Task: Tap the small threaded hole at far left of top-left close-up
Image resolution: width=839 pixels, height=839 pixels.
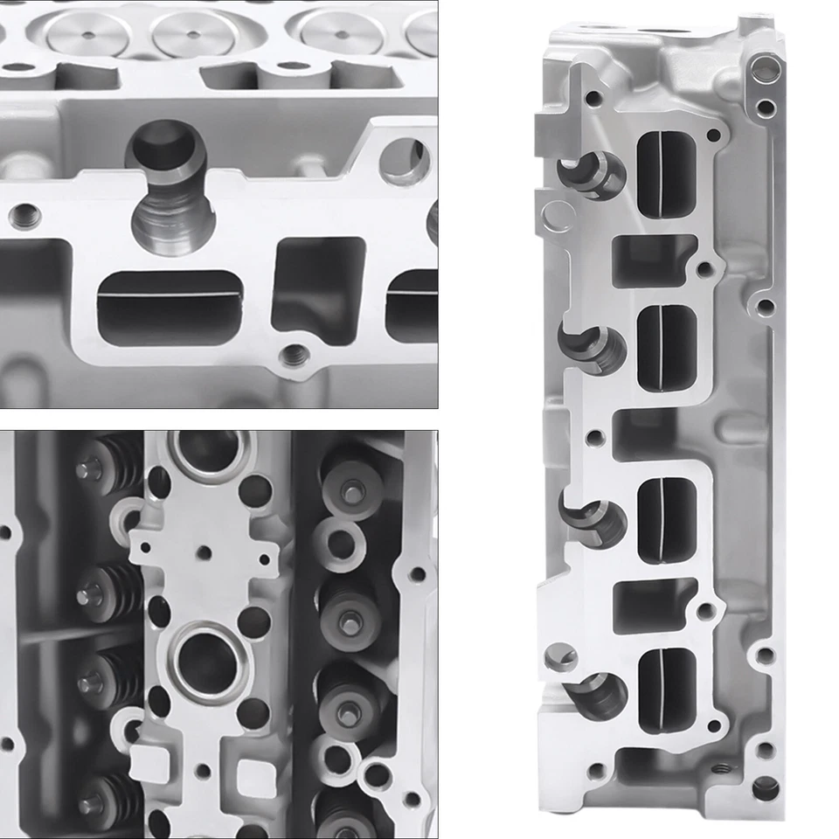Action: point(24,212)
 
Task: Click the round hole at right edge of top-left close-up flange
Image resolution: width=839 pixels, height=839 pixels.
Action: point(407,163)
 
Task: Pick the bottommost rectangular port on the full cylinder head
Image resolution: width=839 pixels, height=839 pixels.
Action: point(668,690)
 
